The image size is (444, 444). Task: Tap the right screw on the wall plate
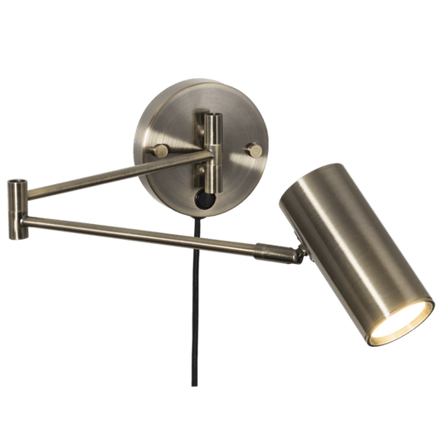tap(256, 149)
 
